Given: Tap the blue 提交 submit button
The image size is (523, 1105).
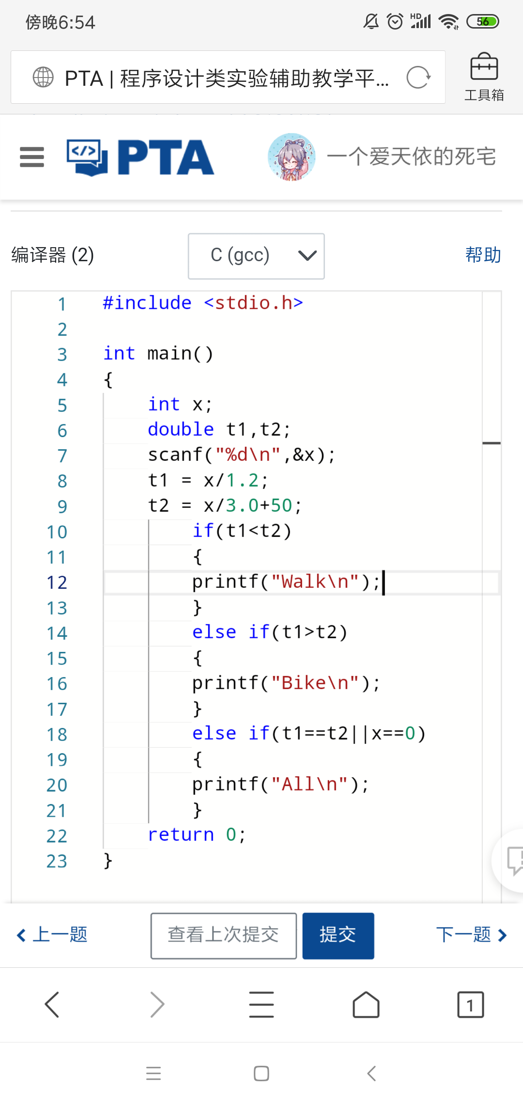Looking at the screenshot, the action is click(338, 935).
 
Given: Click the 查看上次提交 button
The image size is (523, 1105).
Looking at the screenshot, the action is click(224, 935).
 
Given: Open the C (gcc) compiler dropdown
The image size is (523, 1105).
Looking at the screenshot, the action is click(256, 256).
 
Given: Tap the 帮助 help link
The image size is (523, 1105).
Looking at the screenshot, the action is click(483, 255).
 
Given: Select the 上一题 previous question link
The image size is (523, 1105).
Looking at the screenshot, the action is click(52, 934).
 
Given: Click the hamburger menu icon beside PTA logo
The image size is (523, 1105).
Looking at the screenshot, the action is click(32, 157).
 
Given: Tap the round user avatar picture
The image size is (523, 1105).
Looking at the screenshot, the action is click(292, 157).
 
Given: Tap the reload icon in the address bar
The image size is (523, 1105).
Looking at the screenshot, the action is click(418, 78).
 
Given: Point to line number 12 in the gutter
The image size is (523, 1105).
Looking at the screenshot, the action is click(57, 583).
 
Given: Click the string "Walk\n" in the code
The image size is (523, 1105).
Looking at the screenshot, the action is click(315, 582).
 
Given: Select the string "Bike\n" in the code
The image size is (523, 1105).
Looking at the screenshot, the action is click(315, 683).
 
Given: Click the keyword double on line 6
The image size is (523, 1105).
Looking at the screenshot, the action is click(181, 429).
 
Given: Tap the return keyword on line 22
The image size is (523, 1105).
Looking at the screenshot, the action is click(181, 835).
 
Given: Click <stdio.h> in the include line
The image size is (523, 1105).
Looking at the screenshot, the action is click(254, 303).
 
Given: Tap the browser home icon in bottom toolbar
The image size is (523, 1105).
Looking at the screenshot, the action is click(366, 1004).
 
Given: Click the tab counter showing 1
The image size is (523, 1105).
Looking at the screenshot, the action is click(470, 1004).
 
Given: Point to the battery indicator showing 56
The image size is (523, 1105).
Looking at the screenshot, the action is click(482, 22).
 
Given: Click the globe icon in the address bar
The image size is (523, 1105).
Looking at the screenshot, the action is click(43, 77).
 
